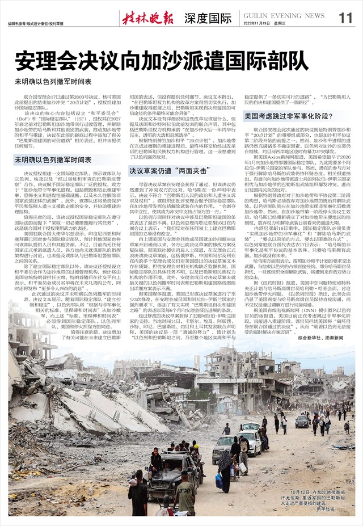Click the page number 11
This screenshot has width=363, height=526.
click(345, 18)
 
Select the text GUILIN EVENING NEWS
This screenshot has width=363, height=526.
click(280, 15)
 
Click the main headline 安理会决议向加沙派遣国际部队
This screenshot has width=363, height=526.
click(148, 60)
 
